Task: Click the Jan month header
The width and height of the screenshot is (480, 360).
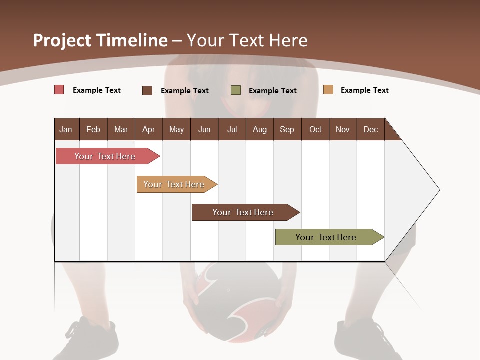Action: (x=66, y=129)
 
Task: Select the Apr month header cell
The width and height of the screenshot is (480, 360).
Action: (x=149, y=129)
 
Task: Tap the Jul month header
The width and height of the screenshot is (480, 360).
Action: (x=232, y=129)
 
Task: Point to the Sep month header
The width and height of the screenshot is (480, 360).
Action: (x=287, y=129)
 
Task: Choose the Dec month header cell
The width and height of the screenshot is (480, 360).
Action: (x=370, y=129)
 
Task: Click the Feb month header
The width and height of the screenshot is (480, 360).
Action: (x=93, y=129)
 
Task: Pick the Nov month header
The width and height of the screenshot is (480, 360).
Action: (x=343, y=129)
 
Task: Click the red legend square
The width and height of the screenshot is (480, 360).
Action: (x=59, y=90)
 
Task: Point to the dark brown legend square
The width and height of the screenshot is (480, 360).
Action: (x=147, y=90)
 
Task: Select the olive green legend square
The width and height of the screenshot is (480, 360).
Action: (x=236, y=90)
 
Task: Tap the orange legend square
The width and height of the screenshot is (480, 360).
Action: (x=328, y=90)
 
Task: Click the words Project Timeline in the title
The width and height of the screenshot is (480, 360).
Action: (x=100, y=40)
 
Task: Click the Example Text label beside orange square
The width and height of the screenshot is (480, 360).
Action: (x=364, y=90)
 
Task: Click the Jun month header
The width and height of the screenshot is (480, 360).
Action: (x=204, y=129)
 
